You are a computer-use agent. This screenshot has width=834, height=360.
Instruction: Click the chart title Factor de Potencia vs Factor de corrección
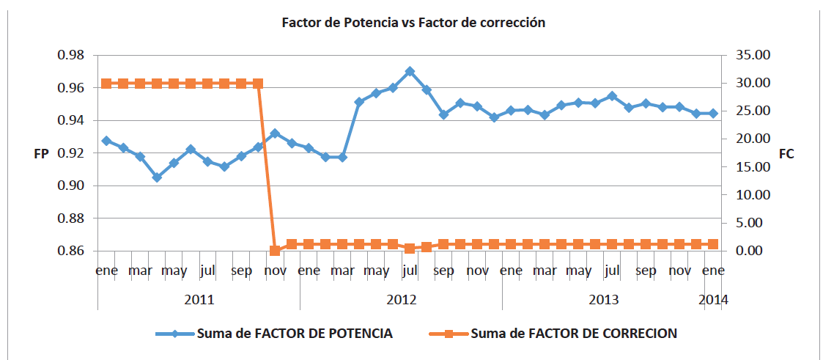pos(414,23)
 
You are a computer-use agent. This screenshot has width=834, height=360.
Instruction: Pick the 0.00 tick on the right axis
pos(750,251)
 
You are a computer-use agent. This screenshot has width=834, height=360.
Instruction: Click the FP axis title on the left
pos(42,154)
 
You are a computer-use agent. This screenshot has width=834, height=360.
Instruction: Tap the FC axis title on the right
pos(787,155)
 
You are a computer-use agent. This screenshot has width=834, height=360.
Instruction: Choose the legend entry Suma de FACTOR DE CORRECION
pos(573,334)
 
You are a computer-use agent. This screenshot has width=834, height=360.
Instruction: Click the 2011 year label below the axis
pos(199,300)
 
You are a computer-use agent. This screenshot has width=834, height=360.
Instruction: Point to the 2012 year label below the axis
pos(401,300)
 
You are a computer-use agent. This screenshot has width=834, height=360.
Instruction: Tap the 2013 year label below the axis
pos(603,300)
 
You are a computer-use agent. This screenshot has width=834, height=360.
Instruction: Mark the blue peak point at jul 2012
pos(410,72)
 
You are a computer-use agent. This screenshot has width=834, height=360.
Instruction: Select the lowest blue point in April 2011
pos(157,177)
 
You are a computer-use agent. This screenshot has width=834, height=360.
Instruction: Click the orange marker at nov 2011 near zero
pos(275,251)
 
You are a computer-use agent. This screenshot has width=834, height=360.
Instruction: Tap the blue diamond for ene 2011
pos(106,141)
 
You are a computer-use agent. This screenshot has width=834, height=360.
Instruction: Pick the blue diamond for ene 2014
pos(713,114)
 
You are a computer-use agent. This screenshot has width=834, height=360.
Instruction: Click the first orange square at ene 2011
pos(106,84)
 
